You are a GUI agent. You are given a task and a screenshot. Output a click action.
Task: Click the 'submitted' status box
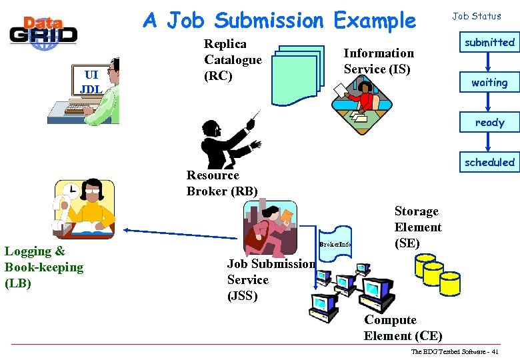coord(489,43)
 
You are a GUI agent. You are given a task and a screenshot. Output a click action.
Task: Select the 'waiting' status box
coord(489,83)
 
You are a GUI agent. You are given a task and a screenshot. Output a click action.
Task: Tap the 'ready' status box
coord(489,123)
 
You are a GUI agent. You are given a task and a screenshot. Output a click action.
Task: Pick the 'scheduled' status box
coord(489,162)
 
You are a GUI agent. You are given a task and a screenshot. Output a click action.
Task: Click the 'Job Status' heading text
coord(477,16)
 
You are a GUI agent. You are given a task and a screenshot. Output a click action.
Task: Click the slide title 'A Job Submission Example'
coord(279,21)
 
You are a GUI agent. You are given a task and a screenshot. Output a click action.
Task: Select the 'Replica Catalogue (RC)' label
coord(233,60)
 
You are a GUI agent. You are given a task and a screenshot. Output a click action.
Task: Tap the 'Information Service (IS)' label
coord(378,61)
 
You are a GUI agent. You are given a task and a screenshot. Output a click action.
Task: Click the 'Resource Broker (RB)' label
coord(222,183)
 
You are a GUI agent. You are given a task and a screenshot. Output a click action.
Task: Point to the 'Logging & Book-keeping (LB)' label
coord(44,267)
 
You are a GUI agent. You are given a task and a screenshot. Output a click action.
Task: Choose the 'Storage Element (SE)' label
coord(417,227)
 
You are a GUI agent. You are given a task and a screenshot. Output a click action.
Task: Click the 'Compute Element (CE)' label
coord(403,328)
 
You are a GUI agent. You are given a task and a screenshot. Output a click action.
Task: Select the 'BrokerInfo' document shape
coord(335,244)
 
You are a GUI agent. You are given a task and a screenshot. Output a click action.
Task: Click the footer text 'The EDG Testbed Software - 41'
coord(455,351)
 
